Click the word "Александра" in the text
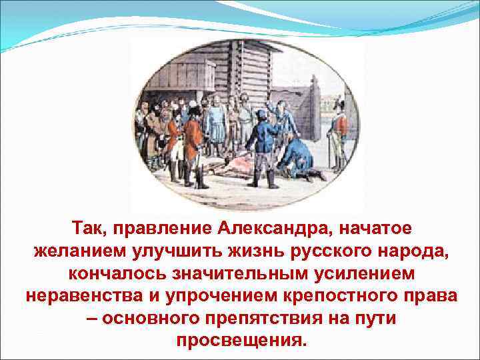pos(267,229)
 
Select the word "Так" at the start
pos(89,229)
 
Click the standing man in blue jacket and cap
pos(262,143)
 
